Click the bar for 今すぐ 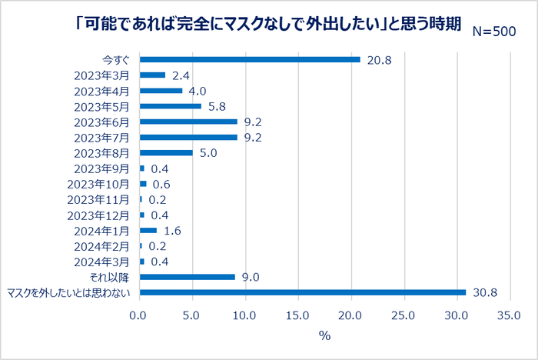click(249, 59)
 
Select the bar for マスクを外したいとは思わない click(302, 292)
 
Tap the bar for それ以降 click(187, 277)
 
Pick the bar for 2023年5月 click(170, 106)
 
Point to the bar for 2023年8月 click(165, 152)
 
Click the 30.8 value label click(485, 292)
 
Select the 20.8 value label click(380, 59)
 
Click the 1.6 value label click(172, 230)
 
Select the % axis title click(324, 335)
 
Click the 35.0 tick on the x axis click(509, 315)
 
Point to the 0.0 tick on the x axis click(138, 315)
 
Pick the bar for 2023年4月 click(161, 91)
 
